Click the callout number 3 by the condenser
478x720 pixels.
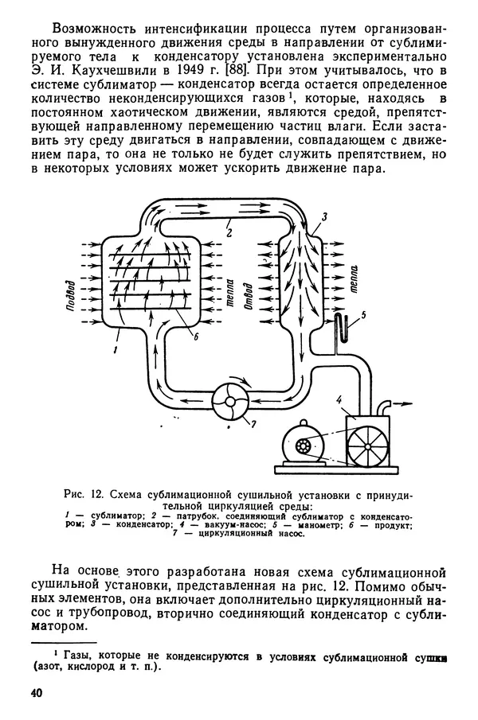pyautogui.click(x=324, y=217)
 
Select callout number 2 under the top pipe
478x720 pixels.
pyautogui.click(x=229, y=233)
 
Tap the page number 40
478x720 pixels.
pyautogui.click(x=36, y=692)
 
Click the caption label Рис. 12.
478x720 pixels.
pyautogui.click(x=82, y=493)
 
